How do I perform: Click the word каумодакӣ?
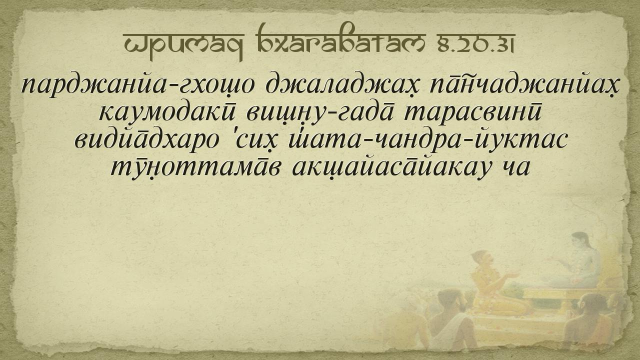coord(167,113)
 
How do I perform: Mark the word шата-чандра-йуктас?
coord(427,141)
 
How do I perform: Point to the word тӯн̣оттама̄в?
coord(194,169)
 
